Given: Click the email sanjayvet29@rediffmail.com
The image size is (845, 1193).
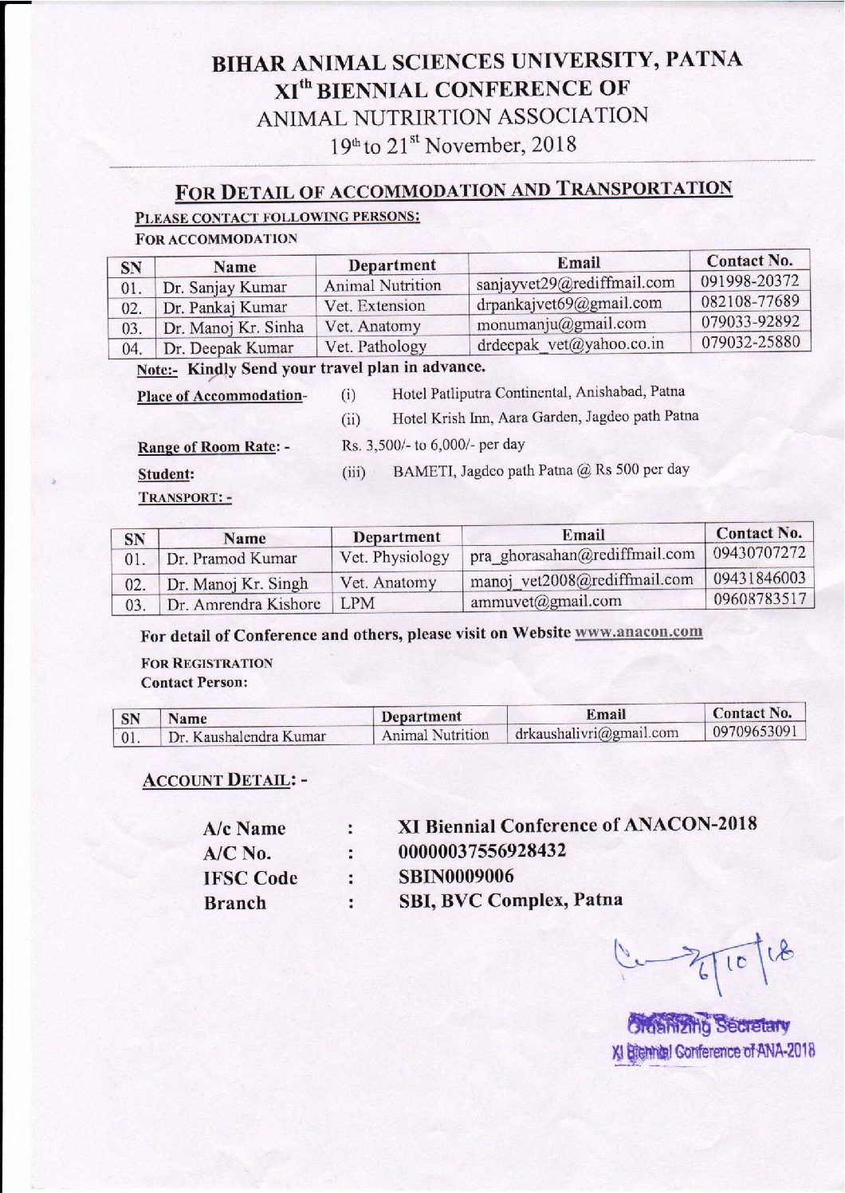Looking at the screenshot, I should point(575,284).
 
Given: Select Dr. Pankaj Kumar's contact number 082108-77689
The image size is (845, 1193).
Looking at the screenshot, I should point(750,301).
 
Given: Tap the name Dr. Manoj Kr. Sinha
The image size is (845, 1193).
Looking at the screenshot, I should point(234,328).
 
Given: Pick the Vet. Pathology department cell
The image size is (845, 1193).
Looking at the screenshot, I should point(375,347).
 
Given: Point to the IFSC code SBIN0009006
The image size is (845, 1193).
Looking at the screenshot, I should point(456,876).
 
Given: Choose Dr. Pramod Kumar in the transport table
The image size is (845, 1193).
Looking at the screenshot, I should point(231,559).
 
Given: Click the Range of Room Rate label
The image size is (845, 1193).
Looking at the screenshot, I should point(213,447).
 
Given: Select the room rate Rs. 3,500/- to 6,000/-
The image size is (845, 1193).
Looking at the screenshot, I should point(433,445).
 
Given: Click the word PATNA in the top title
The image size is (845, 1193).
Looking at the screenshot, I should point(705,60).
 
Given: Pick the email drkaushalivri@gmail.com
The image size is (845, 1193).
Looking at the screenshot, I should point(596,733).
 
